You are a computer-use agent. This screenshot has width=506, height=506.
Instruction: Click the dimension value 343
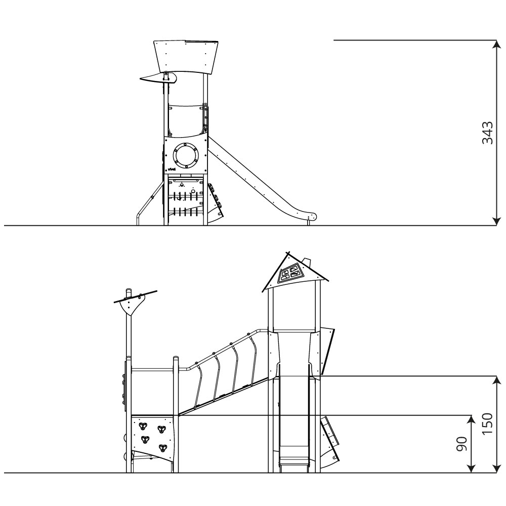(487, 133)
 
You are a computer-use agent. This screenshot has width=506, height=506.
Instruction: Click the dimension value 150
(487, 423)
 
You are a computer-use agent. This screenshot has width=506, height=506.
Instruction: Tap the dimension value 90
(461, 444)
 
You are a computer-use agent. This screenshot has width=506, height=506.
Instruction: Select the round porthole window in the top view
(186, 156)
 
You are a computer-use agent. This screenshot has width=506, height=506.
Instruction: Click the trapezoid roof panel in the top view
(186, 57)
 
